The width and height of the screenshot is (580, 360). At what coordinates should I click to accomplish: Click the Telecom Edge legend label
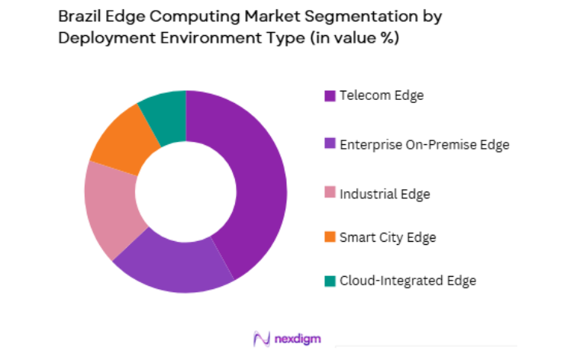coord(382,95)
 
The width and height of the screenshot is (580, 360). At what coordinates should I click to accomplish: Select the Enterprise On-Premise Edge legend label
coord(424,144)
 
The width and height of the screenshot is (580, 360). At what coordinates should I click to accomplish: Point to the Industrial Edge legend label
coord(385,194)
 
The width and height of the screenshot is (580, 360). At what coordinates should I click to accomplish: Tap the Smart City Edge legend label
coord(388,237)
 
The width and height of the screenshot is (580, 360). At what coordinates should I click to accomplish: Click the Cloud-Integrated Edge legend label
coord(408,281)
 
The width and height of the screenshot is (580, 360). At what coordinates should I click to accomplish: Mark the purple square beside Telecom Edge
coord(330,96)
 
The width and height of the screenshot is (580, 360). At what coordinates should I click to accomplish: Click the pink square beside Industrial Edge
coord(330,194)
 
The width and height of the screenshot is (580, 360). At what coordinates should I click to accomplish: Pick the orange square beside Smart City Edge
coord(330,238)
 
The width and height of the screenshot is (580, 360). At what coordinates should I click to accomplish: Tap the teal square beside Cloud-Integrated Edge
coord(330,281)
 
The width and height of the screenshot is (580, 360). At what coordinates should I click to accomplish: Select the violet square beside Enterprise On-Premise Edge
coord(330,145)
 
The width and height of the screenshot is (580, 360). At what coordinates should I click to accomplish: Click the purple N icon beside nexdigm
coord(262,338)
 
